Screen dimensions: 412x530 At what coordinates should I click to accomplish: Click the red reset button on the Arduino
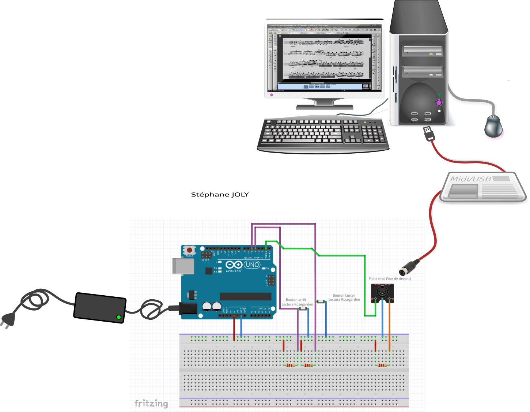click(x=189, y=250)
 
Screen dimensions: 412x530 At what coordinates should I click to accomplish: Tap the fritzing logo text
click(x=151, y=403)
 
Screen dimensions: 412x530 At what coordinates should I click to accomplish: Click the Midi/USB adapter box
click(x=482, y=187)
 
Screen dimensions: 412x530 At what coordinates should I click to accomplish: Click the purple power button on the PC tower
click(x=439, y=102)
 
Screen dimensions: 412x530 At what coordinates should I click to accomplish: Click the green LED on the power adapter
click(x=118, y=317)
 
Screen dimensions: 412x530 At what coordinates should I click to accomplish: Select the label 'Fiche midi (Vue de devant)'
click(x=390, y=278)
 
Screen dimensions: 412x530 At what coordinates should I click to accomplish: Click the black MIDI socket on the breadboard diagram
click(x=382, y=292)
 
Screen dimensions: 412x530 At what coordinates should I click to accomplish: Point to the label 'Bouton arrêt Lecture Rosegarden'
click(x=297, y=302)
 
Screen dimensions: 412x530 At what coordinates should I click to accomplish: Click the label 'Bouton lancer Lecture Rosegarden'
click(x=344, y=297)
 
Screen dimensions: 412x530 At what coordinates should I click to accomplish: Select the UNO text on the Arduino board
click(x=252, y=265)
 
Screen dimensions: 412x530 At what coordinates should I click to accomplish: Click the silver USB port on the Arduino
click(x=183, y=266)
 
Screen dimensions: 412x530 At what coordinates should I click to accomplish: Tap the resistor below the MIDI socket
click(x=382, y=365)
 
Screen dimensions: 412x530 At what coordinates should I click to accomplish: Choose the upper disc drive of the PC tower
click(x=422, y=50)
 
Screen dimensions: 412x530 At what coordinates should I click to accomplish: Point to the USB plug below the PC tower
click(x=428, y=133)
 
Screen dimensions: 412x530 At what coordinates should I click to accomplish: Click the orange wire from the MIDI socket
click(x=389, y=326)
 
